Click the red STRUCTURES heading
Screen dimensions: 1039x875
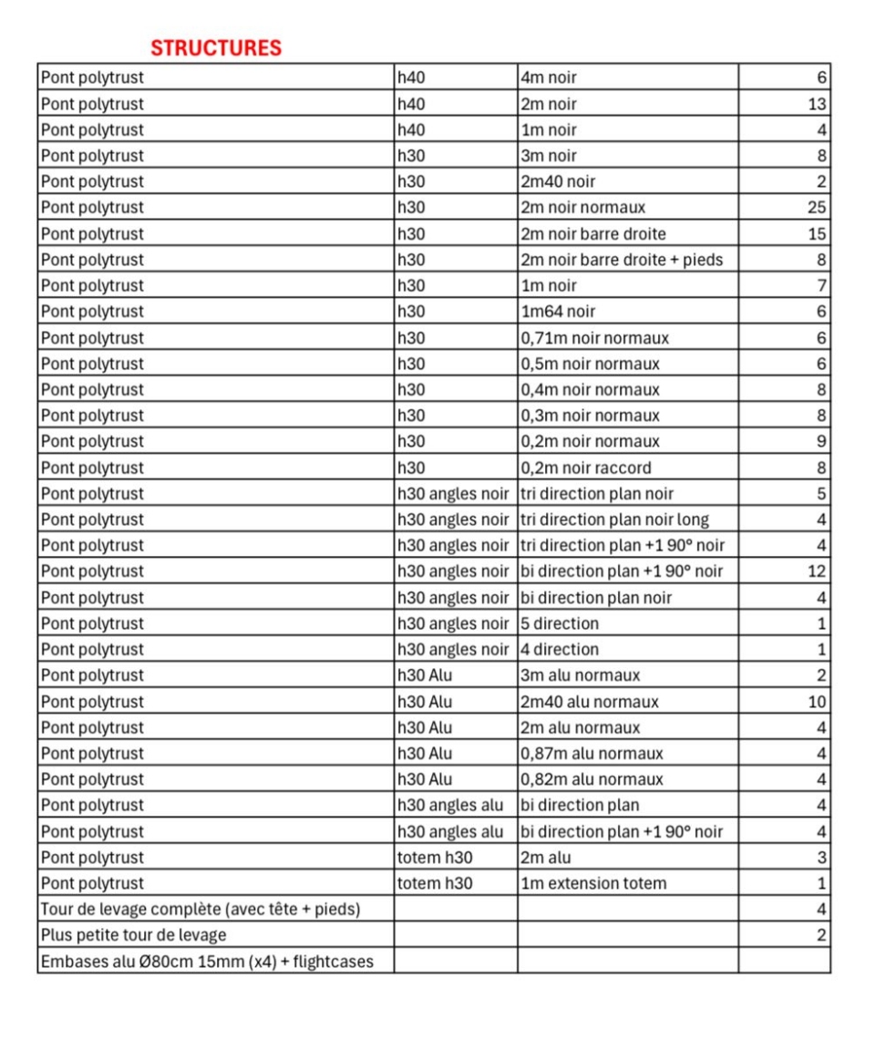[216, 48]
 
